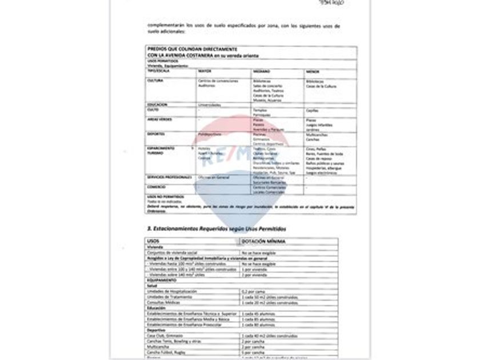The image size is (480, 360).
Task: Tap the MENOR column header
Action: click(x=313, y=71)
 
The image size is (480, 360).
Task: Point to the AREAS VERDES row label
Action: click(x=159, y=119)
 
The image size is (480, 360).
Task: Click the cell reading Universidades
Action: click(x=209, y=105)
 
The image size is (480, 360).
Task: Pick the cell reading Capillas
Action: click(x=313, y=110)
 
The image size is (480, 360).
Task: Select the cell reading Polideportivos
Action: click(x=210, y=134)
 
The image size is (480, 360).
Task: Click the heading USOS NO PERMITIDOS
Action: click(x=162, y=197)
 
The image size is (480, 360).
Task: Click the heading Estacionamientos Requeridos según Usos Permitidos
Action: click(x=217, y=229)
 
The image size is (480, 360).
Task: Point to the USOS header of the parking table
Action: click(x=153, y=241)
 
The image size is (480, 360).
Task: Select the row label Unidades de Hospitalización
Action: click(x=172, y=291)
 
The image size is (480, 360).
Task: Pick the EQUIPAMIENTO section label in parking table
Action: click(x=162, y=280)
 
